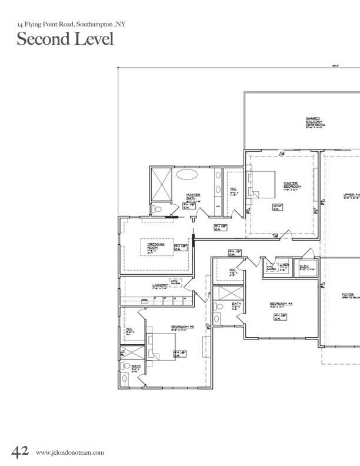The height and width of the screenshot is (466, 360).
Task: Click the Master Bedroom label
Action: [x=288, y=184]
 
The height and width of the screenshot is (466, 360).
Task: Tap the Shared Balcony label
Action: [x=312, y=120]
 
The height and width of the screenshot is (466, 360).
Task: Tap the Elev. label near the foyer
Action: [x=304, y=266]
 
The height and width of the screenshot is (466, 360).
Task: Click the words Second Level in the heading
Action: [x=65, y=39]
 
